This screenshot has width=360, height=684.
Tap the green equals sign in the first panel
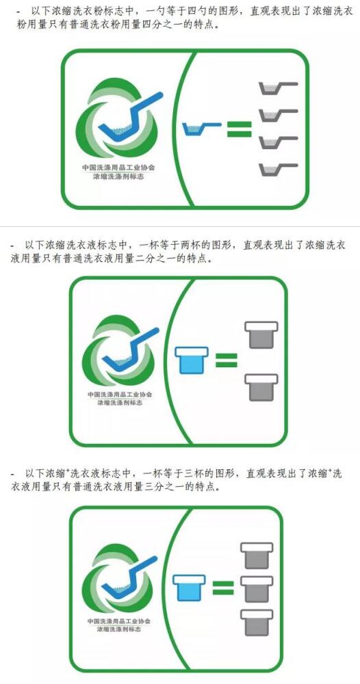click(x=240, y=129)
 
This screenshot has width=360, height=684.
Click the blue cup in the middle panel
click(x=192, y=360)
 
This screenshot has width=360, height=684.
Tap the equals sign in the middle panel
click(x=227, y=360)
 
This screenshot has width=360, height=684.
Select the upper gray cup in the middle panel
click(x=261, y=335)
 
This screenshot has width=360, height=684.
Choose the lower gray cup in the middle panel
click(x=261, y=387)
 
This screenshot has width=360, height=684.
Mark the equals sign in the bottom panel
click(x=223, y=588)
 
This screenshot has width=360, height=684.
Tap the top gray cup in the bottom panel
click(x=257, y=555)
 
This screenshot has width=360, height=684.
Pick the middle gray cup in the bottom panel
click(x=257, y=589)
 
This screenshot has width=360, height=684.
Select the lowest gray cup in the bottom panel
click(x=257, y=622)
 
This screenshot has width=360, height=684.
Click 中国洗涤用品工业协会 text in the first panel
click(x=118, y=168)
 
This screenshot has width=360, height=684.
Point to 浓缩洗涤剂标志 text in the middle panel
click(x=120, y=403)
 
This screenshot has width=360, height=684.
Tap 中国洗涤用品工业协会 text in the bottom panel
click(x=118, y=621)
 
